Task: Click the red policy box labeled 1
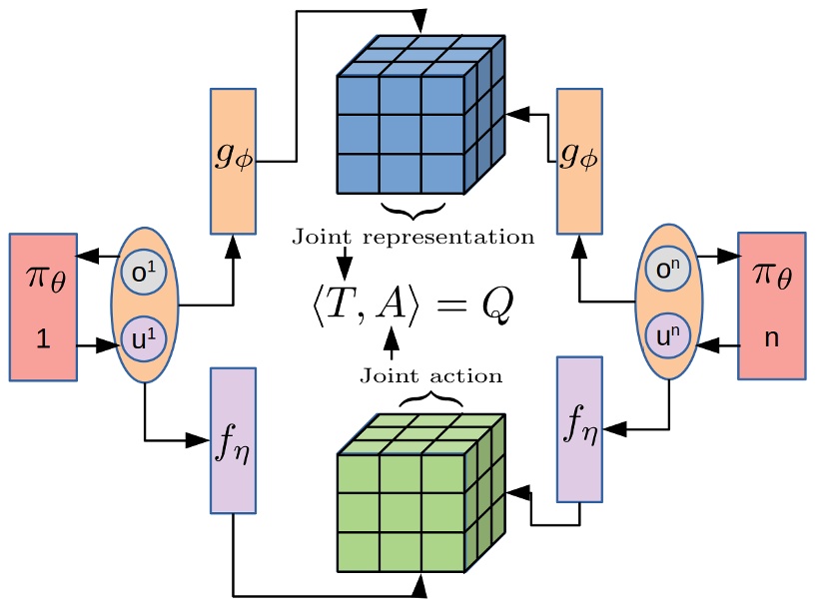pyautogui.click(x=43, y=307)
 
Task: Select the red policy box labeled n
pyautogui.click(x=770, y=305)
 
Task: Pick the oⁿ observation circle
pyautogui.click(x=669, y=271)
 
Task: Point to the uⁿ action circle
pyautogui.click(x=669, y=335)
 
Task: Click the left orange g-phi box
pyautogui.click(x=233, y=161)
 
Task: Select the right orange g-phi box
pyautogui.click(x=579, y=161)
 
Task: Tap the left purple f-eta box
pyautogui.click(x=233, y=440)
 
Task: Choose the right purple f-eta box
pyautogui.click(x=579, y=428)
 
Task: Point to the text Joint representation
pyautogui.click(x=412, y=238)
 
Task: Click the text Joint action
pyautogui.click(x=430, y=376)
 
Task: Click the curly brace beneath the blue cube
pyautogui.click(x=412, y=211)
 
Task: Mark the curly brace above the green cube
pyautogui.click(x=431, y=399)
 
